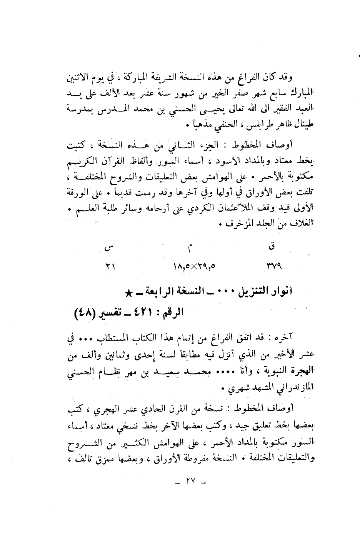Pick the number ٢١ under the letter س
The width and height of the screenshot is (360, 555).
coord(110,266)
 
